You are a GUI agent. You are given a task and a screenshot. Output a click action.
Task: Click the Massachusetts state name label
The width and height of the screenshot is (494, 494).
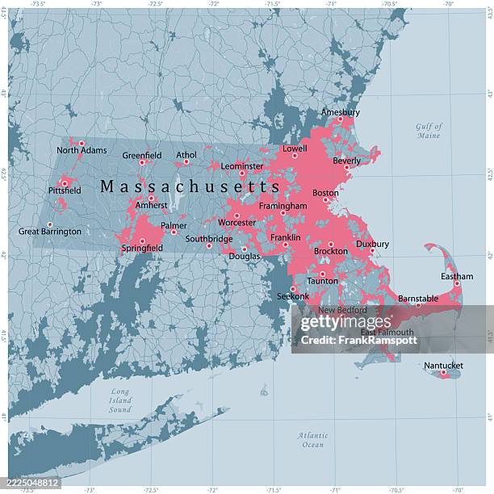(190, 186)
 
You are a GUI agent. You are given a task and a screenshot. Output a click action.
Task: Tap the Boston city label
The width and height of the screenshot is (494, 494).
(325, 193)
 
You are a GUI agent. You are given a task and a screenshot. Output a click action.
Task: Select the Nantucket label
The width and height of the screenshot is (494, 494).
(443, 366)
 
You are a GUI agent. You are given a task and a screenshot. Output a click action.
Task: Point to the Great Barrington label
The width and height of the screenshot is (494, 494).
(50, 232)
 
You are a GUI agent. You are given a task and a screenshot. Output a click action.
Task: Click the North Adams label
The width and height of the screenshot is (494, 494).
(81, 150)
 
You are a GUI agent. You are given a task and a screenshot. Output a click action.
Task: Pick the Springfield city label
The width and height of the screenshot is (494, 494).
(142, 248)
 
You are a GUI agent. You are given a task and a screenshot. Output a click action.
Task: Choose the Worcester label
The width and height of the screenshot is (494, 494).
(237, 222)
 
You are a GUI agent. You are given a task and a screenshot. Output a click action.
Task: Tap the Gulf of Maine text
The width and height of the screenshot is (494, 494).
(429, 131)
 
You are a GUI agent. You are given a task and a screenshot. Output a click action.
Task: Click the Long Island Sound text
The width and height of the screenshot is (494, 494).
(120, 400)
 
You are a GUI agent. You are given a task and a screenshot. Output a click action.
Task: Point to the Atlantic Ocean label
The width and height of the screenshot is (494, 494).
(312, 440)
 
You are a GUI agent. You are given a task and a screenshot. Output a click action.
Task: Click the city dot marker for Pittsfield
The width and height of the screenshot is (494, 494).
(65, 183)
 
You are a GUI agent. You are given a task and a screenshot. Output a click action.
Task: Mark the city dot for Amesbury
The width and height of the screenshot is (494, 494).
(340, 119)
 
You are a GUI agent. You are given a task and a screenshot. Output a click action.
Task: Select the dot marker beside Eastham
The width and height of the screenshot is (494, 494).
(457, 283)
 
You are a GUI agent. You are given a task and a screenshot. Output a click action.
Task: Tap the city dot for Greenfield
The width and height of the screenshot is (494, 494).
(142, 162)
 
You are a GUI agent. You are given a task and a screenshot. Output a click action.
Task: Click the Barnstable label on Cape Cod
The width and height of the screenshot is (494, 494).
(418, 299)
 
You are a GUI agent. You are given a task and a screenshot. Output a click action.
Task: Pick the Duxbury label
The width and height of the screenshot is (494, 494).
(372, 244)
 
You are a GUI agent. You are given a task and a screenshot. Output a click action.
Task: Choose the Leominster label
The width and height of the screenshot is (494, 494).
(242, 166)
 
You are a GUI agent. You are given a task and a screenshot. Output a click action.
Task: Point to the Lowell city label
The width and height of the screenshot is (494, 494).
(295, 149)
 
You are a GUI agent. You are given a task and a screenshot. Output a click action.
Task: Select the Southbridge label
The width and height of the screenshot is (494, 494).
(208, 239)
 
